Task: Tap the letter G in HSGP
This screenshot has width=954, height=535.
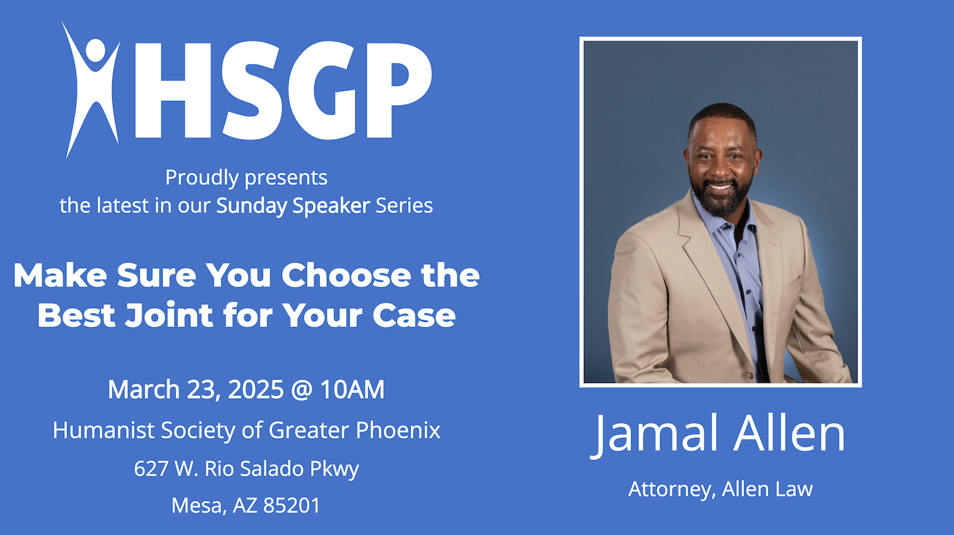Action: (x=321, y=90)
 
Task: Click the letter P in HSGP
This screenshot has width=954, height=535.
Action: (x=398, y=90)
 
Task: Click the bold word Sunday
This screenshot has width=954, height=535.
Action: (x=252, y=206)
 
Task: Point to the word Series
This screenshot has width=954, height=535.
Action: (x=404, y=206)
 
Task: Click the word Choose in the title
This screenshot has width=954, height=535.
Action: (x=346, y=276)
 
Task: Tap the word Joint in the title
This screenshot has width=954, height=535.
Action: (x=169, y=315)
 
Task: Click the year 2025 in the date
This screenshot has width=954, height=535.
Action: (x=255, y=389)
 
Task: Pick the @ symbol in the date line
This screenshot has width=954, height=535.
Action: (x=302, y=390)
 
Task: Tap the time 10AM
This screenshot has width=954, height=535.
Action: (x=352, y=389)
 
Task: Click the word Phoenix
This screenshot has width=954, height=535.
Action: (x=398, y=430)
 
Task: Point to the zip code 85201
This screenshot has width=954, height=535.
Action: (x=291, y=505)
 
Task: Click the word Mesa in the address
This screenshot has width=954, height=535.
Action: (x=198, y=505)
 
